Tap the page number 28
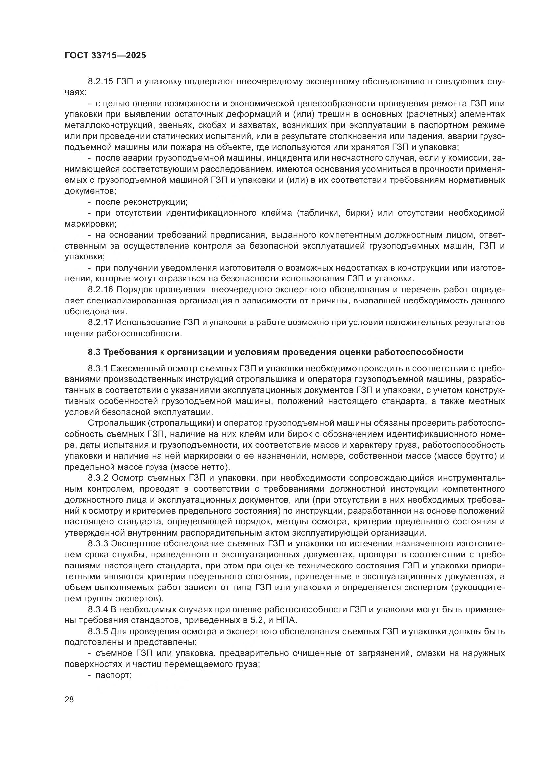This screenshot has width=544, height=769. [x=69, y=700]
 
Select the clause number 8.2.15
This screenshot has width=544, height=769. [x=102, y=82]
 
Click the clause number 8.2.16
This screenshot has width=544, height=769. [x=102, y=290]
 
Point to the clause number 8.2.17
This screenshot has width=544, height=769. [x=102, y=323]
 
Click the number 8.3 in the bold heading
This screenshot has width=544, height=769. [x=94, y=352]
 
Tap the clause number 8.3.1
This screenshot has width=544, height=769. [x=98, y=369]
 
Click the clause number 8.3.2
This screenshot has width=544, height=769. [x=98, y=478]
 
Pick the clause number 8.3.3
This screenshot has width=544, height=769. [x=98, y=543]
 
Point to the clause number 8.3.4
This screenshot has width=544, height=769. [x=98, y=609]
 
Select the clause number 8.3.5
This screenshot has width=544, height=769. [x=98, y=631]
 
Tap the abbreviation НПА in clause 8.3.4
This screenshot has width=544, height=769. [x=287, y=620]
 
